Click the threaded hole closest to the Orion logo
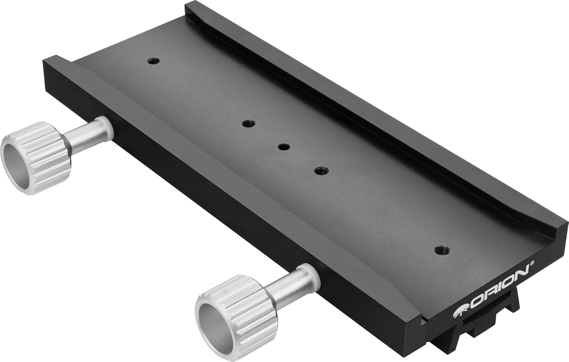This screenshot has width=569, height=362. [440, 250]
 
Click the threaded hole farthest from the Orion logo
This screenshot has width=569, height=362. [153, 60]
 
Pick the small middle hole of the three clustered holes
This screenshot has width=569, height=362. [283, 147]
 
